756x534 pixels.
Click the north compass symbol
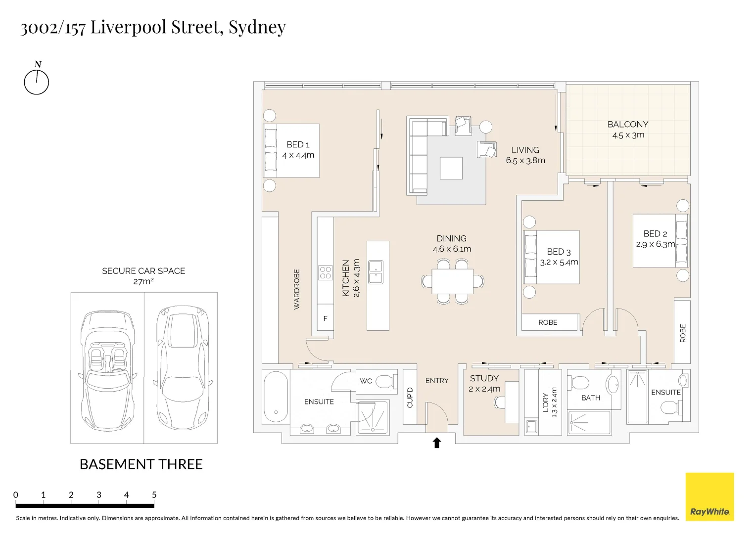click(37, 82)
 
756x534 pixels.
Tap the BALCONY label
click(627, 125)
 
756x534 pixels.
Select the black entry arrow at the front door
click(436, 443)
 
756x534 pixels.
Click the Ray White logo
click(709, 497)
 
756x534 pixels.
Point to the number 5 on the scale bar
click(154, 495)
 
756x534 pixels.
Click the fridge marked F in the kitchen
click(325, 319)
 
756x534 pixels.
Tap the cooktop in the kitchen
click(325, 273)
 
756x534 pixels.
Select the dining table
click(452, 281)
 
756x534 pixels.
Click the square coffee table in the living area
click(451, 168)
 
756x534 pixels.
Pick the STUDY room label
click(484, 378)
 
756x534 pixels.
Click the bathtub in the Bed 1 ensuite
click(276, 397)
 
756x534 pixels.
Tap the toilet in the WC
click(384, 382)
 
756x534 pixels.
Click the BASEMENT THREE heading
click(141, 464)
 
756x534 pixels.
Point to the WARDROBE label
click(297, 289)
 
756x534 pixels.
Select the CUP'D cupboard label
click(410, 398)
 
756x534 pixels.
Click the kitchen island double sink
click(376, 272)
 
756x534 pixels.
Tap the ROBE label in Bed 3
click(548, 322)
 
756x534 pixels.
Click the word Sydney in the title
click(257, 27)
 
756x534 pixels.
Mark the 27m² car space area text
click(143, 281)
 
